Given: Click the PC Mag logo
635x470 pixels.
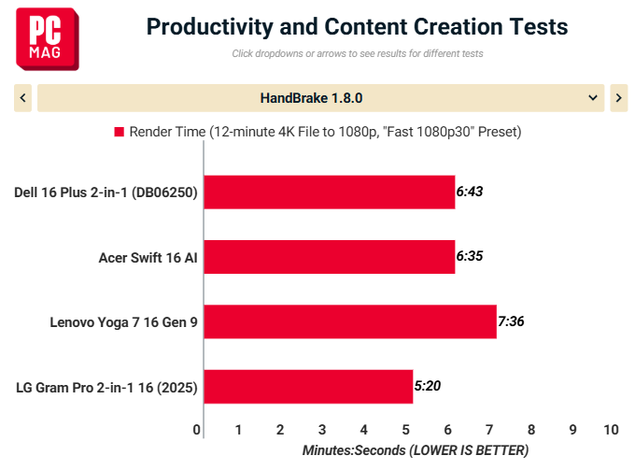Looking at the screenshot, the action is (48, 39).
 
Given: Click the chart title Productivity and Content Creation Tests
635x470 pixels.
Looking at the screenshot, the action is (357, 27).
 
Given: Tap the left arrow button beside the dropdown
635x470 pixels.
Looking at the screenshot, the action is (22, 98).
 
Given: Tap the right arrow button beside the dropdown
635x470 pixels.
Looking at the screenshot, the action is (619, 98).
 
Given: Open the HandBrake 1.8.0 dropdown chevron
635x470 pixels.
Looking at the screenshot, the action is (593, 98).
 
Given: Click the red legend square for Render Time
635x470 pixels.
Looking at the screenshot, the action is (120, 132).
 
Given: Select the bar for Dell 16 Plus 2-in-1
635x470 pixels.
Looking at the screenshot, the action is (330, 192).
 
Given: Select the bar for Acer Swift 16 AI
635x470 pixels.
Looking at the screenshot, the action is (330, 257).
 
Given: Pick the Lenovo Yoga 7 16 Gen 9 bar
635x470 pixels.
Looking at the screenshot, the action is (350, 321).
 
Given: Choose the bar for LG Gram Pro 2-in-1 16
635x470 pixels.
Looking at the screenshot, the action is (308, 387).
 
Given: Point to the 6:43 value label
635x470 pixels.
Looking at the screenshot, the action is (470, 192).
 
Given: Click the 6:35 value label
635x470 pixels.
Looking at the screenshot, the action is (470, 256).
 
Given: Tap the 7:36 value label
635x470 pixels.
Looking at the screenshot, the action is (511, 321).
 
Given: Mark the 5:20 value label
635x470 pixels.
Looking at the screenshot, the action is (428, 386).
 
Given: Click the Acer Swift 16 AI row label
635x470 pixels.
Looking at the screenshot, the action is (148, 258).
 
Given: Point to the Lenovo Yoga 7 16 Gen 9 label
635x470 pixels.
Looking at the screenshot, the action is (123, 322).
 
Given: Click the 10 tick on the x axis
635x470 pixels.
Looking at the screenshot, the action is (611, 430).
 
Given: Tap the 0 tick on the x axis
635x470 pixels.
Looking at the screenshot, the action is (197, 430).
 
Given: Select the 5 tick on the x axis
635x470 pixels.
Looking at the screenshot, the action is (406, 430).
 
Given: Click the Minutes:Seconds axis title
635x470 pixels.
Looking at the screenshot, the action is (416, 450).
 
